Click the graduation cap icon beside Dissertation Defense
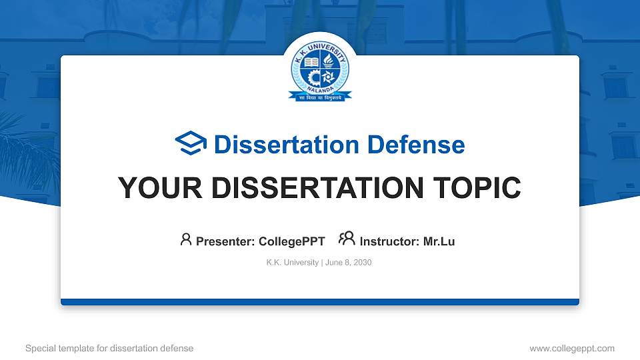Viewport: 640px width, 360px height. [x=191, y=144]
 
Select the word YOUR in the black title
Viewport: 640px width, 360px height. [x=151, y=188]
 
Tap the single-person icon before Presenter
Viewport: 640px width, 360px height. [x=186, y=239]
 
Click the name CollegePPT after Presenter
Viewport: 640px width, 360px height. [x=291, y=241]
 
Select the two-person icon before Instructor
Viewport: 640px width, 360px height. [x=347, y=239]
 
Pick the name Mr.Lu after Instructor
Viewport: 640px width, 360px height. [x=439, y=241]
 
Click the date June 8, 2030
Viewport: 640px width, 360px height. [x=349, y=263]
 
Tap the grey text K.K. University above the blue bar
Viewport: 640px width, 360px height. [x=292, y=263]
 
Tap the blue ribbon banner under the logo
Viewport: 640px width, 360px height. [x=320, y=97]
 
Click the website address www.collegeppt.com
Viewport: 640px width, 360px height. [x=571, y=349]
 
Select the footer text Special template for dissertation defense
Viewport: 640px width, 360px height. [x=109, y=349]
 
